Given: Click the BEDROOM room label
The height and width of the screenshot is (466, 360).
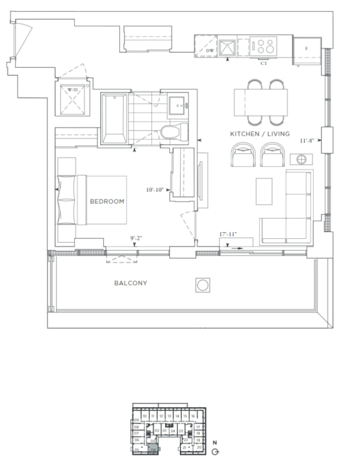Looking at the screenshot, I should tap(107, 201).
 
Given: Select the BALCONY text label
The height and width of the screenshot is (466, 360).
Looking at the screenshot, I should tap(131, 283).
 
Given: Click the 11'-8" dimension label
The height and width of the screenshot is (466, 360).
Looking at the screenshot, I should tap(307, 141).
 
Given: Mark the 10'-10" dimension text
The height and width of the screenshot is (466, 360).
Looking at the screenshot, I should tap(154, 190).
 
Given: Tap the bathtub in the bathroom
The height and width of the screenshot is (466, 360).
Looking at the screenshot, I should tap(115, 119).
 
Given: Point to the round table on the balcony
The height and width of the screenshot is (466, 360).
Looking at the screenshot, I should tap(203, 286).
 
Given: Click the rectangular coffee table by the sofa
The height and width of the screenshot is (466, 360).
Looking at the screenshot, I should tap(264, 190).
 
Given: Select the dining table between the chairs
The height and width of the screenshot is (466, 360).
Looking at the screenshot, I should tap(261, 102).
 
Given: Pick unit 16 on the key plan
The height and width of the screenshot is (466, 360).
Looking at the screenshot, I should tap(193, 415).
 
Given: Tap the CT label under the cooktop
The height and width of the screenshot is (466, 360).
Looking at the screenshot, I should tap(264, 63).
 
